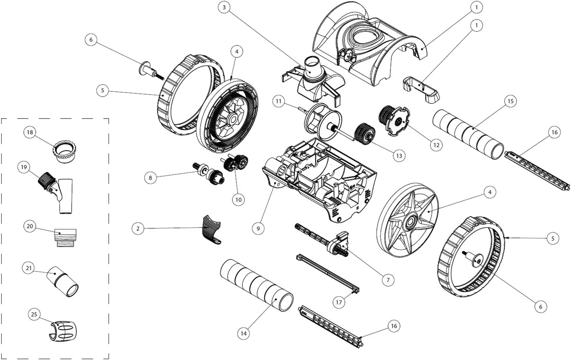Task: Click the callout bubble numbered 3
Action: point(224,8)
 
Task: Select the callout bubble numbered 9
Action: point(258,228)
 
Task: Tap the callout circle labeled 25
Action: point(34,315)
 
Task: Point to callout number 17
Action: point(339,302)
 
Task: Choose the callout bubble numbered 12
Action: point(436,145)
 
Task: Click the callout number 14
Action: point(243,333)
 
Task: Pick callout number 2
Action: point(138,229)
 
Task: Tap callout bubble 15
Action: point(511,101)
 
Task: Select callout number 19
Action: point(24,167)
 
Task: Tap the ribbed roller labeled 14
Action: point(257,285)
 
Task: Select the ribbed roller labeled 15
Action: point(468,134)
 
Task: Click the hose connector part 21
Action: point(64,282)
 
